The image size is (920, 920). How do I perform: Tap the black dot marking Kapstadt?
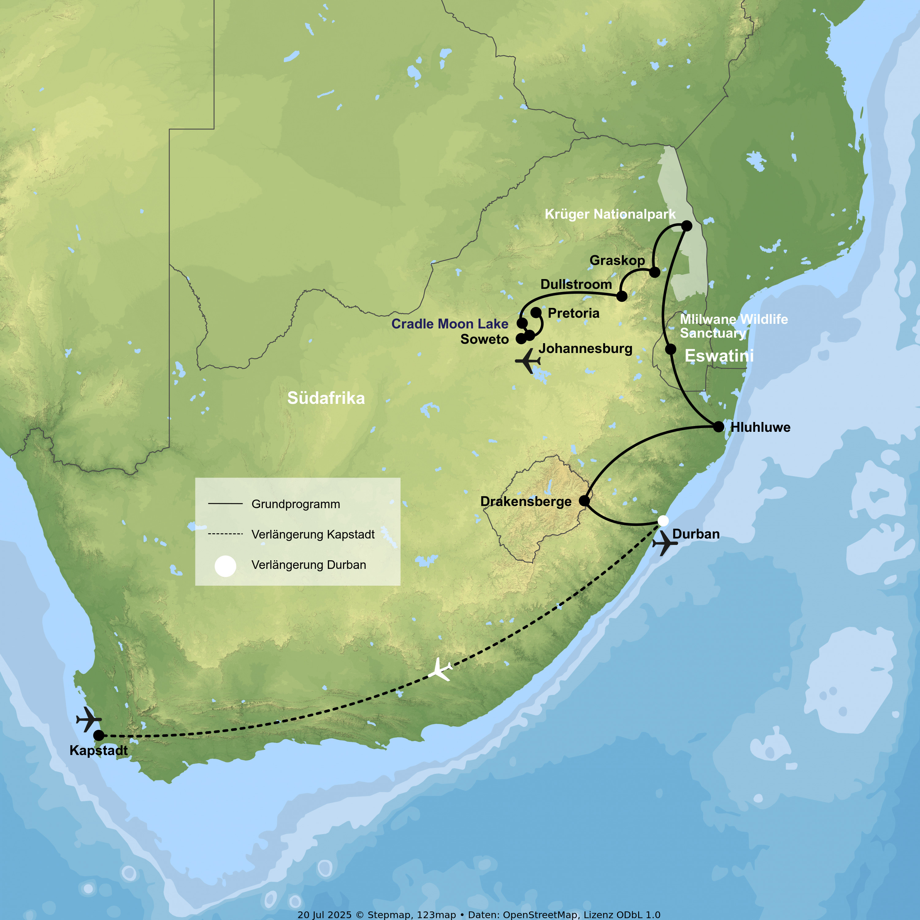pos(98,735)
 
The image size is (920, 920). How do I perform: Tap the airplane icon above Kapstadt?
pos(89,719)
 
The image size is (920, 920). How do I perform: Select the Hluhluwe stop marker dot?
pos(719,426)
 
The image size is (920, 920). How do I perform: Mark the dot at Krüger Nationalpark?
pos(687,226)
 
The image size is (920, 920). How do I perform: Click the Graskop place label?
pos(617,260)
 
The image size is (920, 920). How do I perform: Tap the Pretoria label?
pos(573,313)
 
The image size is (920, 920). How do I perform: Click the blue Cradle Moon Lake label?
pos(450,324)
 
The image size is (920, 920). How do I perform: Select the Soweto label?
pos(484,339)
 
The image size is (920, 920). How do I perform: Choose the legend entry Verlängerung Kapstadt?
pos(313,534)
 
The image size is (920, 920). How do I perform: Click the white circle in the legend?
pos(225,566)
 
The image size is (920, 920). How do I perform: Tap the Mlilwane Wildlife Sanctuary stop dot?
pos(670,349)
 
